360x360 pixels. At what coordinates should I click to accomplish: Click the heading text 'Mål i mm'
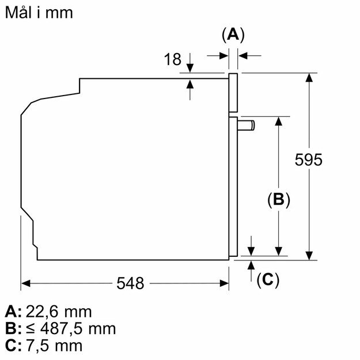[x=39, y=13]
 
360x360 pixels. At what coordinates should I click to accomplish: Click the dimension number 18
[x=172, y=59]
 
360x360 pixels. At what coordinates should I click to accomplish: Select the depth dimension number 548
[x=131, y=283]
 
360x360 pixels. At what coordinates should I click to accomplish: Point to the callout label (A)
[x=233, y=36]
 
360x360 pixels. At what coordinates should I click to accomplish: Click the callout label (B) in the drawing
[x=278, y=200]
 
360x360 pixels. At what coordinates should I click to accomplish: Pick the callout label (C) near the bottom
[x=267, y=280]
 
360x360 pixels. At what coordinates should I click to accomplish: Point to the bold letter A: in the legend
[x=13, y=312]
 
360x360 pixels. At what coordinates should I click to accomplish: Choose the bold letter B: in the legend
[x=13, y=329]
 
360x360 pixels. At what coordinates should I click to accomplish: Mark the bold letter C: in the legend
[x=13, y=346]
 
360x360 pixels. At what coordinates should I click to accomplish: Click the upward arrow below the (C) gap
[x=251, y=264]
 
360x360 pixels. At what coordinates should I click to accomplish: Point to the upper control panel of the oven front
[x=233, y=92]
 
